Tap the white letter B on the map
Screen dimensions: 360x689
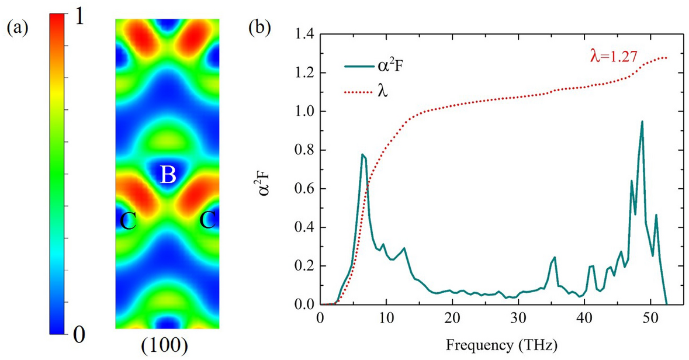coord(168,175)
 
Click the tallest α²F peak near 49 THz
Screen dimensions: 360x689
coord(642,122)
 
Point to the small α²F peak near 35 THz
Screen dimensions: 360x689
coord(555,258)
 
